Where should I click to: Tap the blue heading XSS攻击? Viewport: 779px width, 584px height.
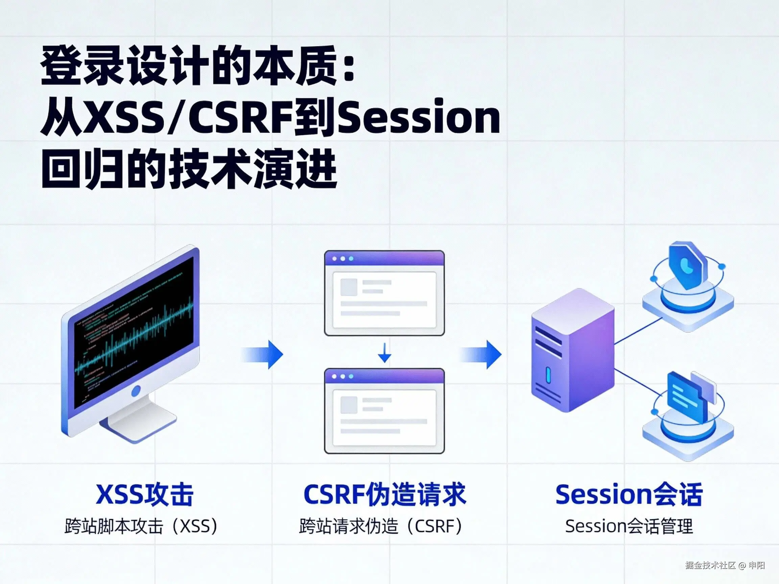click(144, 494)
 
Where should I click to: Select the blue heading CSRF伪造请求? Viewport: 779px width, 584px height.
click(384, 494)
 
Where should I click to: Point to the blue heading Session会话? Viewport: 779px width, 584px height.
click(629, 494)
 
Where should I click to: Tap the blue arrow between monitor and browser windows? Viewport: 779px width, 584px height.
click(263, 355)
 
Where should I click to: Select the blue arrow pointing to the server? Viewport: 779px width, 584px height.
click(482, 355)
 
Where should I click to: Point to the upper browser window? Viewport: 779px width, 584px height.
click(384, 293)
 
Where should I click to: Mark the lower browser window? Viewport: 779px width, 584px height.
click(384, 411)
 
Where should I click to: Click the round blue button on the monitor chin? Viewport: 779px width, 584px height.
click(136, 390)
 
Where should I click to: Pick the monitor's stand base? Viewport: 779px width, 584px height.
click(143, 422)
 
